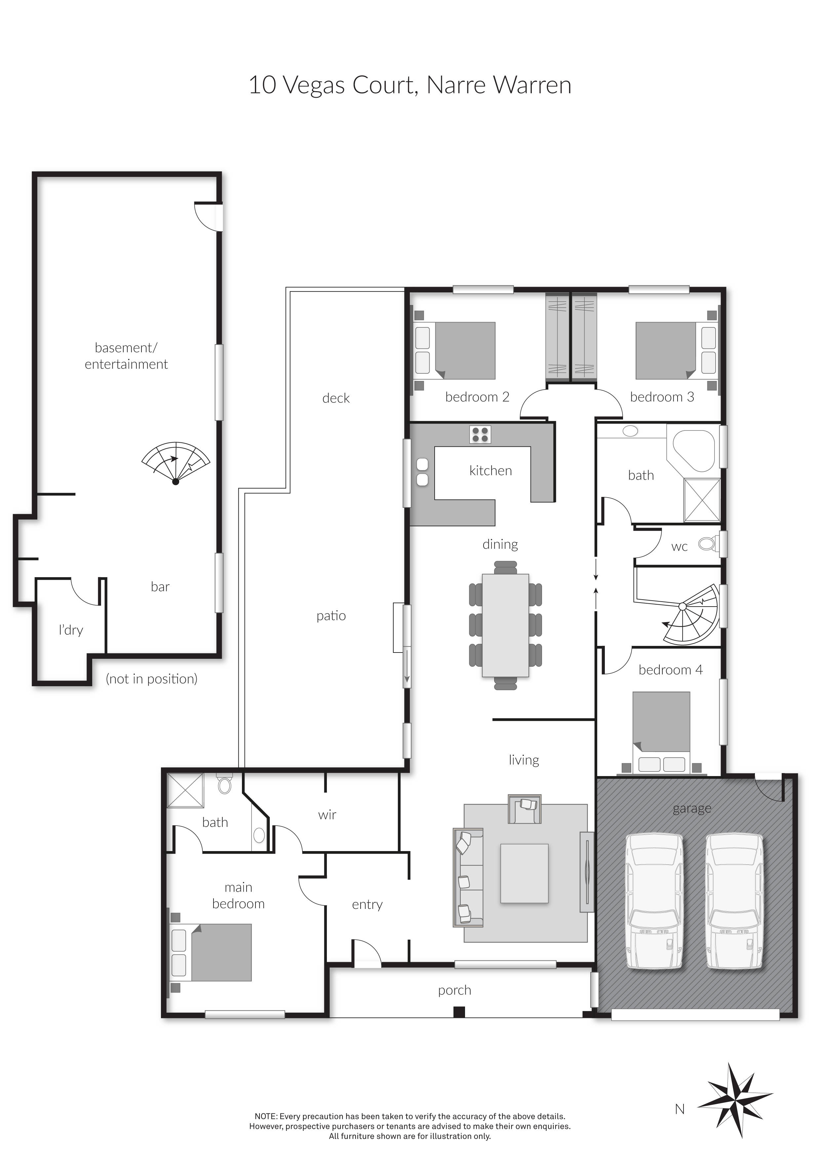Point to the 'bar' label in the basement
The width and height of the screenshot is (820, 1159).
(160, 586)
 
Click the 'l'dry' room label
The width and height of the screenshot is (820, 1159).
(71, 630)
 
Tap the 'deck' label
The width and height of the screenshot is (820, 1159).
(336, 398)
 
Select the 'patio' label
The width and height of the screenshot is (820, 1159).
(331, 616)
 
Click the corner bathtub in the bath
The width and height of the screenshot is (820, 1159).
(694, 450)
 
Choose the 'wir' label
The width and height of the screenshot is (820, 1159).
(327, 815)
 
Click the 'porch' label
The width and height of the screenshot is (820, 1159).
(454, 991)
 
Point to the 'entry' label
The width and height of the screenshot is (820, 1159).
(367, 905)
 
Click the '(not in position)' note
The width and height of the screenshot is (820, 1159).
(151, 679)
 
